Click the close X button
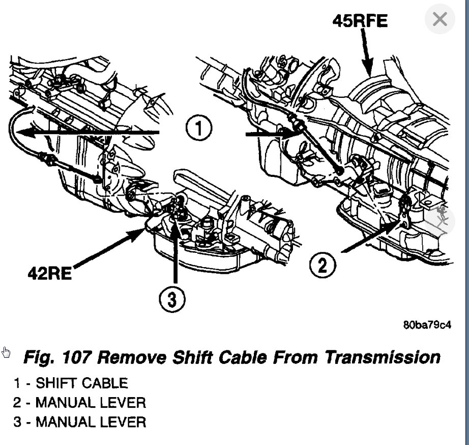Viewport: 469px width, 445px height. coord(439,19)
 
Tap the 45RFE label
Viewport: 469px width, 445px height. coord(360,21)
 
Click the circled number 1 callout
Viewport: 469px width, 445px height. coord(198,128)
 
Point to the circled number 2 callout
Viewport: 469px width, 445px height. coord(323,265)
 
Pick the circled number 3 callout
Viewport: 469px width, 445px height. coord(172,300)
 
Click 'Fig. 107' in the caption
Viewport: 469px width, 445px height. coord(57,357)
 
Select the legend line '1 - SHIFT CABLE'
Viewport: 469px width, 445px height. coord(71,383)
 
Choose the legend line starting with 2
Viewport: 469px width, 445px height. coord(80,403)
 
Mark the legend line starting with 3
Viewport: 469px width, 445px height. coord(80,422)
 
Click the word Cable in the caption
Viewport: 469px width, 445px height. coord(243,357)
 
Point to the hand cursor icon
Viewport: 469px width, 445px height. coord(6,352)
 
